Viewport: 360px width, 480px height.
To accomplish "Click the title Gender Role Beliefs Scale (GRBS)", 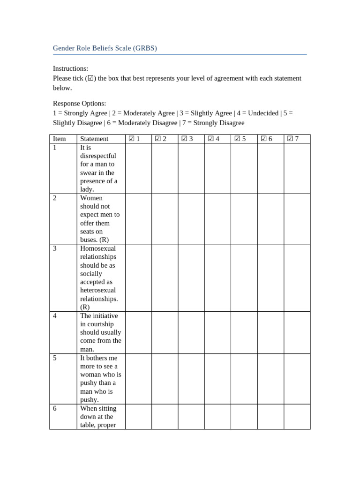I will point(105,48).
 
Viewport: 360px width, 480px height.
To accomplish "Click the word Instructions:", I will point(70,68).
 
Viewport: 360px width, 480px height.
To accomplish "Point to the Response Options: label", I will point(79,103).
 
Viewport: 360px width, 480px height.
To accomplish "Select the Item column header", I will point(60,139).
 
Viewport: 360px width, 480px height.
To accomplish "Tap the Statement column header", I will point(94,139).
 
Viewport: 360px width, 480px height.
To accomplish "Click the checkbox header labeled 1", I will point(135,139).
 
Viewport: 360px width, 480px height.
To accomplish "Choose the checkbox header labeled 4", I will point(214,139).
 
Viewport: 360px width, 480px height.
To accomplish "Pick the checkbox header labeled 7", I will point(293,139).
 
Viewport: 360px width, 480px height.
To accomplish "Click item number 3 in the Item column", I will point(55,248).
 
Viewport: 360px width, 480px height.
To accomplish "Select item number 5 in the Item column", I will point(55,358).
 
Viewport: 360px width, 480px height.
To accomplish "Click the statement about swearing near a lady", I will point(98,168).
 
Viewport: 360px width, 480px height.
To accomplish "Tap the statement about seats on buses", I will point(99,219).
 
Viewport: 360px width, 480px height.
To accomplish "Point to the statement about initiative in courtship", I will point(100,332).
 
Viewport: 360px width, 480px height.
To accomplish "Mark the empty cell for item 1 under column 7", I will point(297,168).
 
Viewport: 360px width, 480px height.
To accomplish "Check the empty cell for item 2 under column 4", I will point(217,219).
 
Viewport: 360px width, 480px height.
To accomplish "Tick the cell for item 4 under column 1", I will point(138,332).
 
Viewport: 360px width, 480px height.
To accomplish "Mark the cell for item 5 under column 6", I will point(270,379).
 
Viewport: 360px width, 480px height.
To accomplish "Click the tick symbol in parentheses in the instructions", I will point(91,78).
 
